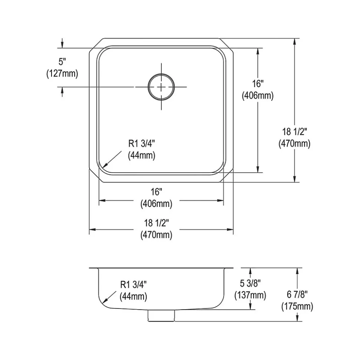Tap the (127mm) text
click(62, 74)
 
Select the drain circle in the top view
click(161, 87)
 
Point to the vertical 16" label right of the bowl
click(258, 84)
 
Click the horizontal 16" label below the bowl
click(156, 192)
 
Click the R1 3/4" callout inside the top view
click(141, 143)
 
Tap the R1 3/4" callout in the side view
click(133, 285)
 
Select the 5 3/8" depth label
click(250, 284)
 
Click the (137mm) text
click(250, 295)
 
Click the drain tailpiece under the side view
click(161, 316)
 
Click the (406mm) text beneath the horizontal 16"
click(156, 204)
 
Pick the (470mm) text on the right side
click(294, 143)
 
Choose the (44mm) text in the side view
click(133, 297)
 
